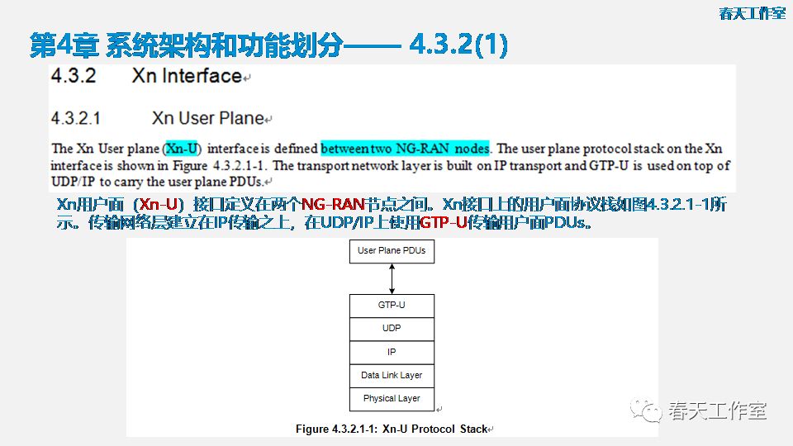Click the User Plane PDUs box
click(x=392, y=250)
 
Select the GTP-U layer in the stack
click(x=392, y=305)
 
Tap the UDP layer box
click(x=392, y=328)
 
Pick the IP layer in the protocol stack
click(x=392, y=352)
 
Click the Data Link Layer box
click(x=392, y=375)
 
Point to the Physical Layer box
click(x=392, y=398)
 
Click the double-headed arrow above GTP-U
click(x=392, y=278)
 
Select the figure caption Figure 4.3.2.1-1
click(x=392, y=429)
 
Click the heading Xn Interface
click(x=187, y=76)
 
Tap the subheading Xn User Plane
click(x=207, y=119)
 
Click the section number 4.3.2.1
click(x=75, y=119)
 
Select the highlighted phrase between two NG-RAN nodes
click(x=405, y=149)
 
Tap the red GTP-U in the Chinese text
click(x=443, y=223)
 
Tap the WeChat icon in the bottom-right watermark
click(x=646, y=410)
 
